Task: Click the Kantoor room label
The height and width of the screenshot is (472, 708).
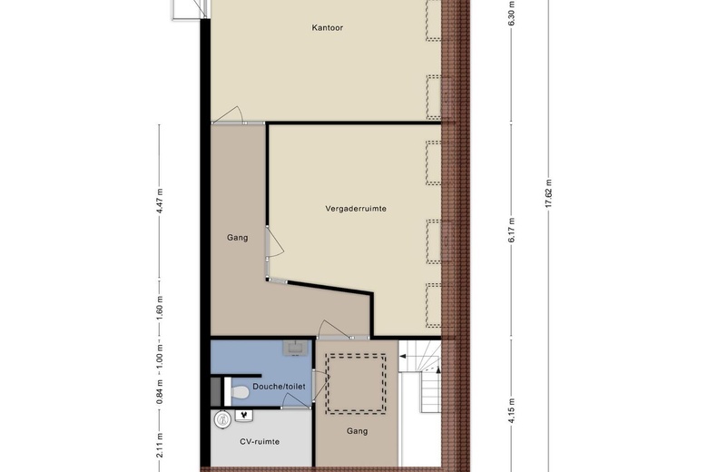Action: [x=328, y=27]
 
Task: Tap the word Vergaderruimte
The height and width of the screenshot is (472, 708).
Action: [x=356, y=209]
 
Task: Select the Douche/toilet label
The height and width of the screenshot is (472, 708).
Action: [x=279, y=387]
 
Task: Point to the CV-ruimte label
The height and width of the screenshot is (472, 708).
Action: [x=260, y=442]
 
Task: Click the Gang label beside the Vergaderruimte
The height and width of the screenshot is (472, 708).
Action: [x=238, y=238]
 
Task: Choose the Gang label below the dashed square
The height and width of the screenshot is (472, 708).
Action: [x=357, y=431]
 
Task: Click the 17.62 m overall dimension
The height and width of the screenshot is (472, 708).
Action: [x=548, y=193]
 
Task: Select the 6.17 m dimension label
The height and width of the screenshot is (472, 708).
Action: [x=512, y=231]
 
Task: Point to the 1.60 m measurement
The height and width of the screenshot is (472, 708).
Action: [x=160, y=308]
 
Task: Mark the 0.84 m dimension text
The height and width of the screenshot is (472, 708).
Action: [x=160, y=391]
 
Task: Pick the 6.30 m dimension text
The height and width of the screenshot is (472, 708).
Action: [x=512, y=14]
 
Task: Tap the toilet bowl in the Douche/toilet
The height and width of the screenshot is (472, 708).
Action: [x=240, y=392]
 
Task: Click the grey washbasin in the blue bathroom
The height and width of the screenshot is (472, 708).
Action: [x=295, y=349]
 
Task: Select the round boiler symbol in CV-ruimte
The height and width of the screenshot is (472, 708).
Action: [x=222, y=419]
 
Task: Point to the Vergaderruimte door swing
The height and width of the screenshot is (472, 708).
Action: [x=274, y=243]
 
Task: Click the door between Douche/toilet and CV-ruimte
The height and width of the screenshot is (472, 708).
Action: [x=296, y=400]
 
